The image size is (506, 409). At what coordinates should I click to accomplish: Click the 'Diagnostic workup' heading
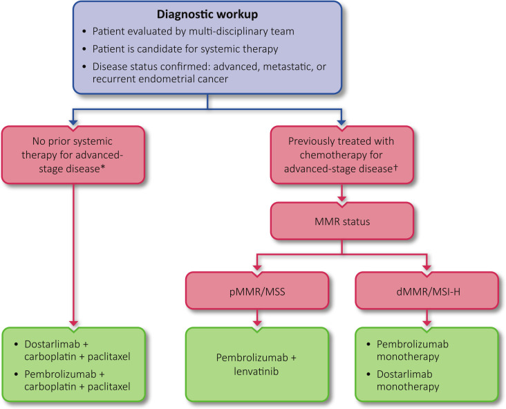(207, 15)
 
